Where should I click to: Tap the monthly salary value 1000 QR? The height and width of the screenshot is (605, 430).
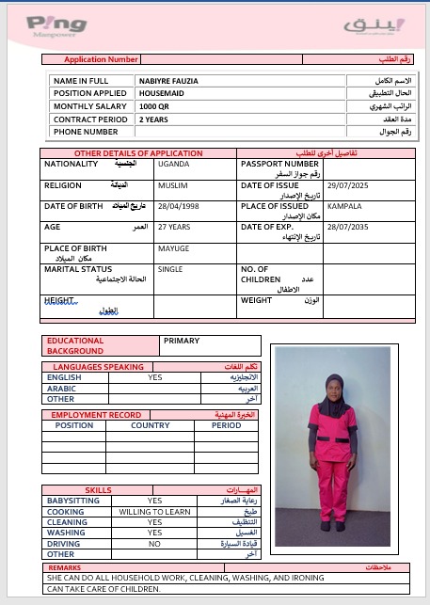click(153, 106)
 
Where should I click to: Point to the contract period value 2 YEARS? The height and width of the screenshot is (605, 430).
click(153, 119)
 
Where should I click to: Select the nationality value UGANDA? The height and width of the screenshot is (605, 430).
click(173, 164)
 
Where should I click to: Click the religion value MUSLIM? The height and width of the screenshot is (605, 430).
click(172, 185)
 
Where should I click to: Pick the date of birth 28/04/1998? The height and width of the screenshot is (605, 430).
click(180, 206)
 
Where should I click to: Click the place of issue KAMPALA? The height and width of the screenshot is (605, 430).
click(344, 206)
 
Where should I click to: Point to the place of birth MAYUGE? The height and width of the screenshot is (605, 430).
click(173, 249)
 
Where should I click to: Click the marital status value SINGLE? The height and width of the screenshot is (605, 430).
click(170, 269)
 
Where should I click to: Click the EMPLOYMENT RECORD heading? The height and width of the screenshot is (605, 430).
click(96, 414)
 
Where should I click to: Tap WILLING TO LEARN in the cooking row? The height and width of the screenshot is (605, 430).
click(154, 512)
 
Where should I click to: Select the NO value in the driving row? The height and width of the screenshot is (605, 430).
click(154, 544)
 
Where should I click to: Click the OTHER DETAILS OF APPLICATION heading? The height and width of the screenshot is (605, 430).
click(138, 152)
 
